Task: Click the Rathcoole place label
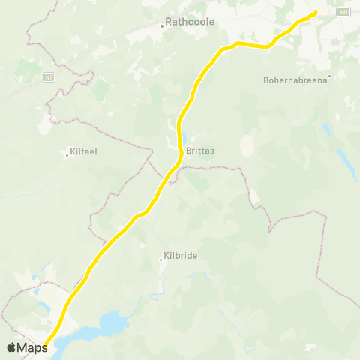tap(190, 22)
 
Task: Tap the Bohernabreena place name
tap(295, 80)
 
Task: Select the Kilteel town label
tap(83, 151)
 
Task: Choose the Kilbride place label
tap(180, 256)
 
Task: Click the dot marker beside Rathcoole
tap(162, 26)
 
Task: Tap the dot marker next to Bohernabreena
tap(329, 74)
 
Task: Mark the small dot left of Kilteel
tap(67, 155)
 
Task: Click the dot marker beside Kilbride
tap(160, 259)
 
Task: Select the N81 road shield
tap(343, 12)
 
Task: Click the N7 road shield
tap(49, 76)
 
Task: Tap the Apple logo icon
tap(12, 347)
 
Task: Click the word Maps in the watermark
tap(33, 347)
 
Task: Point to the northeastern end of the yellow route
tap(315, 12)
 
